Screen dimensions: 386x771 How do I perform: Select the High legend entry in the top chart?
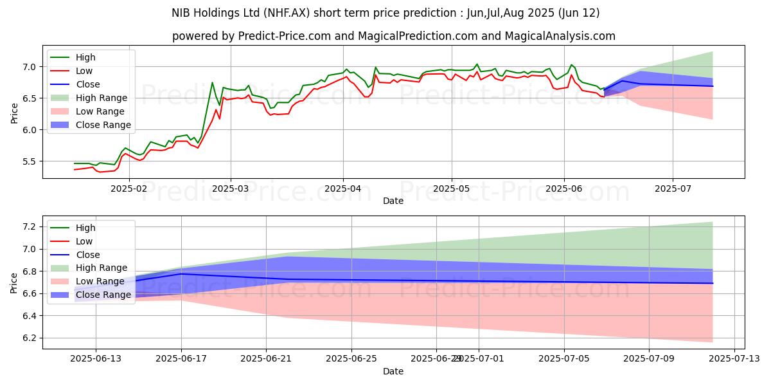coord(85,57)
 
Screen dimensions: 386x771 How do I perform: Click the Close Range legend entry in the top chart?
coord(103,125)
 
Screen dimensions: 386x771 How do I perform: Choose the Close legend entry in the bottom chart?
coord(87,254)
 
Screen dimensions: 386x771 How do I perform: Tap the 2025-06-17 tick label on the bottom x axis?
coord(181,358)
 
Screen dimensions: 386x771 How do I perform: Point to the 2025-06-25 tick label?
coord(351,358)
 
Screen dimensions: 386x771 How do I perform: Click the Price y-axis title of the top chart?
coord(15,113)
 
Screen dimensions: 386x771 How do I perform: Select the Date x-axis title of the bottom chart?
coord(393,371)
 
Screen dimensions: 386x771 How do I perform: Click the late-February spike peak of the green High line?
coord(212,82)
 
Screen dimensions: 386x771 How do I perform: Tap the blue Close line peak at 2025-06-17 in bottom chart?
coord(181,274)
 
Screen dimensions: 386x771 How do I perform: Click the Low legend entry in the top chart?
coord(84,71)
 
